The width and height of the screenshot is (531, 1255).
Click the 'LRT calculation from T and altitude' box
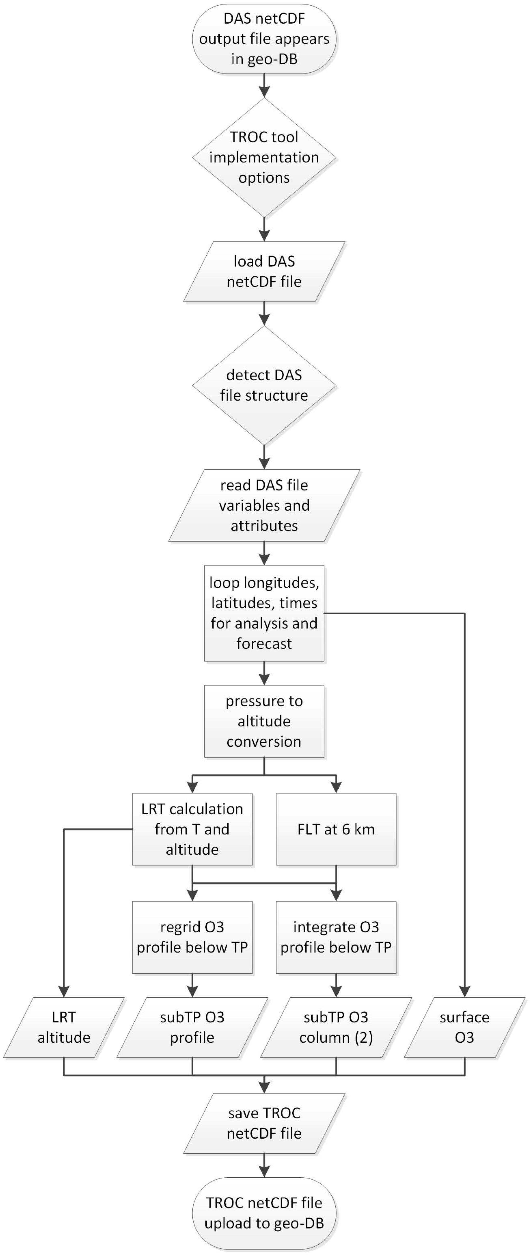tap(192, 829)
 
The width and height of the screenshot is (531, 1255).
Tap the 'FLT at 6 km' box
tap(336, 829)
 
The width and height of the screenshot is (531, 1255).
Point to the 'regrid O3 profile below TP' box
tap(192, 937)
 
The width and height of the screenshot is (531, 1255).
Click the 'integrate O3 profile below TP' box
tap(336, 937)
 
